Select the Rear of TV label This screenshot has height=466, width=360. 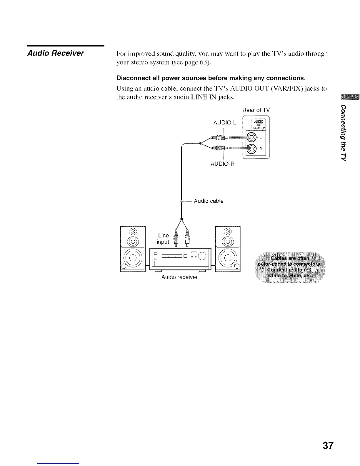(256, 110)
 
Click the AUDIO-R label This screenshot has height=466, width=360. (222, 164)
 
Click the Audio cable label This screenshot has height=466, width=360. (209, 201)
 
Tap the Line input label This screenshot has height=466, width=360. (163, 239)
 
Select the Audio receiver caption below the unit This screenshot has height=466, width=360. (179, 277)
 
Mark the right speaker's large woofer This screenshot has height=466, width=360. (228, 259)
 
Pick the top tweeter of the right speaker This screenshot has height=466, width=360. (228, 232)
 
